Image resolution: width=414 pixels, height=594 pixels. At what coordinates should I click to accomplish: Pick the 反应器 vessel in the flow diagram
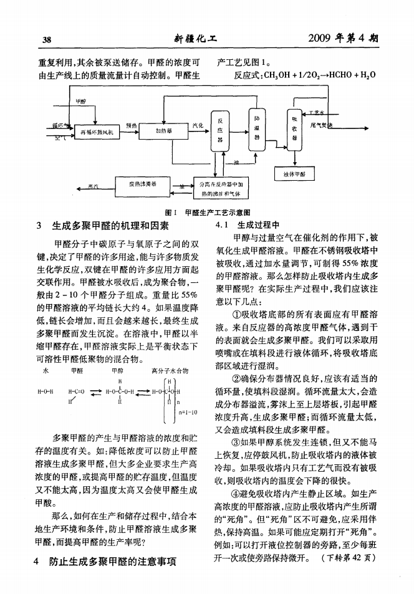(x=219, y=132)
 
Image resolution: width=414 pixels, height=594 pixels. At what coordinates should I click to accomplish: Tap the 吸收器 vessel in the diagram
(x=293, y=128)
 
